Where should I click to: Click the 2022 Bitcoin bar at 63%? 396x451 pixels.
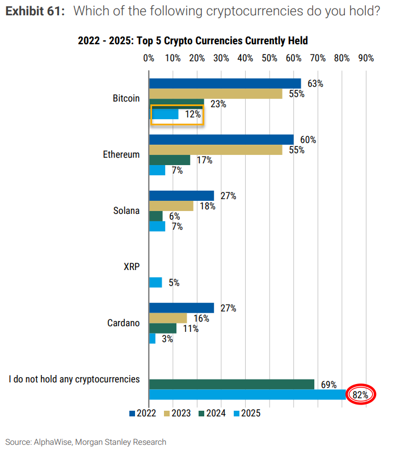tap(225, 83)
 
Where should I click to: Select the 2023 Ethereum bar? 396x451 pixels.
tap(216, 150)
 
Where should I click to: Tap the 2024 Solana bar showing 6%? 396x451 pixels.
tap(155, 216)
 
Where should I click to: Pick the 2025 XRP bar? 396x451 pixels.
tap(155, 282)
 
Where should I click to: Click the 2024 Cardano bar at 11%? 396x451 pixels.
tap(163, 328)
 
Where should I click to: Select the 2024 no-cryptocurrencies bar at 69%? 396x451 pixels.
tap(231, 384)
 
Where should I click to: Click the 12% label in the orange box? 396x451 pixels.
tap(193, 114)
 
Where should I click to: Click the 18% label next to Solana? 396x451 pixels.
tap(207, 206)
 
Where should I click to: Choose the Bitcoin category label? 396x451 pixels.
tap(126, 99)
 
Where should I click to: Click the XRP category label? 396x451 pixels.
tap(131, 267)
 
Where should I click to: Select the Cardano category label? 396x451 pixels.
tap(123, 323)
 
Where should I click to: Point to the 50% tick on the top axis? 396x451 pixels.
tap(269, 58)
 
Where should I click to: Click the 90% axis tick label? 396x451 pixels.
tap(366, 58)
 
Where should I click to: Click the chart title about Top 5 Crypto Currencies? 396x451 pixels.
tap(193, 40)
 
